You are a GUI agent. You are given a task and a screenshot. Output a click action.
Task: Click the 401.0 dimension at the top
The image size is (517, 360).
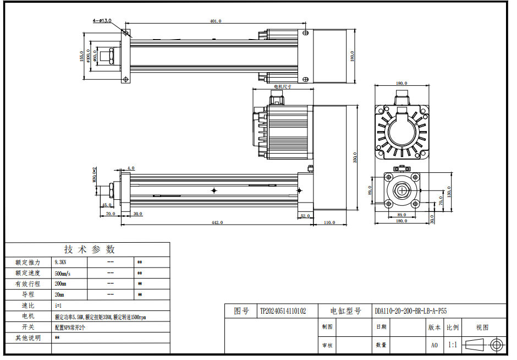click(x=215, y=21)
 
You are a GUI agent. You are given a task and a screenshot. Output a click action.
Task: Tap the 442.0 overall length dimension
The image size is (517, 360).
click(x=217, y=222)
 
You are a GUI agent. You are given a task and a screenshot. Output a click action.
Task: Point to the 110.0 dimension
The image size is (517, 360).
click(x=329, y=222)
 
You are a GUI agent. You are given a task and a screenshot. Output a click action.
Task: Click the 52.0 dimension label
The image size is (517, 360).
click(x=305, y=216)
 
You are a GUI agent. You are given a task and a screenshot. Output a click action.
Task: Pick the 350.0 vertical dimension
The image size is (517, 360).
click(x=355, y=157)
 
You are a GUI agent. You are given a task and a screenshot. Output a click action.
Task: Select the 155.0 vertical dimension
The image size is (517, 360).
click(x=81, y=57)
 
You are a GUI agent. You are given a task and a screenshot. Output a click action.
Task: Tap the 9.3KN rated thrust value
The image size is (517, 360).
click(x=61, y=262)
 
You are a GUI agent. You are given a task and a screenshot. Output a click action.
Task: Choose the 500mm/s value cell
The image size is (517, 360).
click(x=63, y=273)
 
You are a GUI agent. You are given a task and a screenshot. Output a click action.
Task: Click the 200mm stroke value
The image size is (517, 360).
click(x=61, y=284)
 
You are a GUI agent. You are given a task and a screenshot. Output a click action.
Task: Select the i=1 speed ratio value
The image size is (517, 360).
click(x=58, y=306)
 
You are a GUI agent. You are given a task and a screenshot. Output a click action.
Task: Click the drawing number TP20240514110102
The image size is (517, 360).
click(x=283, y=311)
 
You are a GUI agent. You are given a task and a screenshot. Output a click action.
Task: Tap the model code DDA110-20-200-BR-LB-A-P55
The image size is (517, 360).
click(x=410, y=311)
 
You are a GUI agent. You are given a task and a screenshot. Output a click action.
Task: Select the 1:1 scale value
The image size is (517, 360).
click(x=452, y=345)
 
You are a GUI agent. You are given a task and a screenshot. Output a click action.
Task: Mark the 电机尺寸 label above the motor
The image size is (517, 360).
click(x=282, y=86)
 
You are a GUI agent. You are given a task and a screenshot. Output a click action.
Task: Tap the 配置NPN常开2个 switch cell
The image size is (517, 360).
click(x=70, y=327)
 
